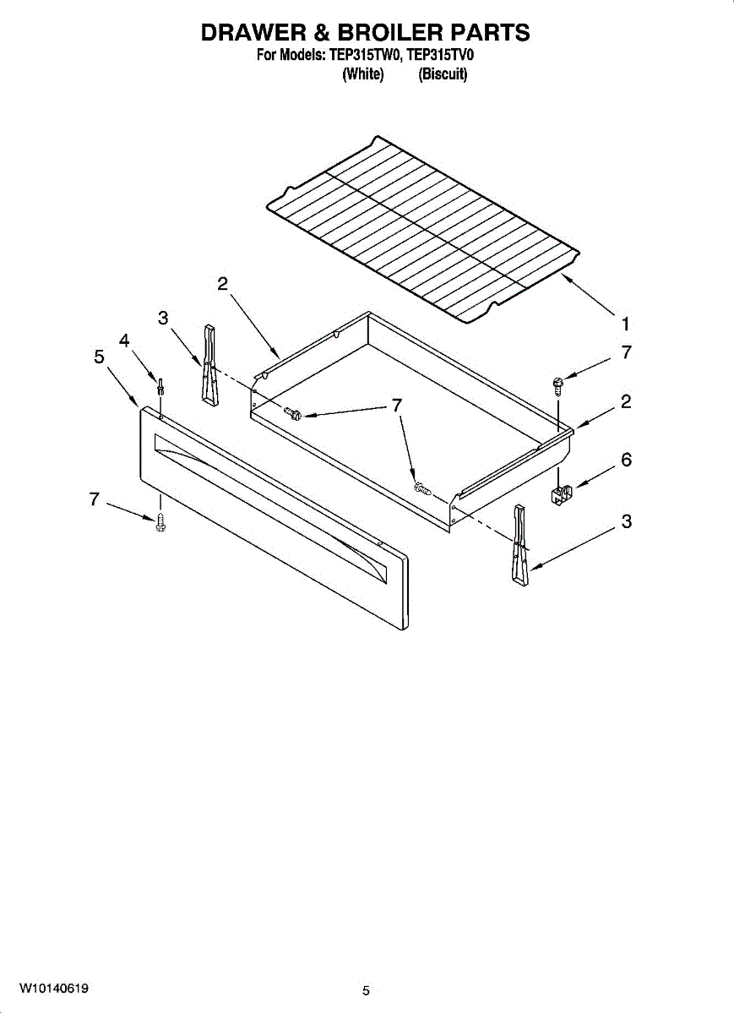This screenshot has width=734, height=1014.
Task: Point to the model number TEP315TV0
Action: click(x=438, y=57)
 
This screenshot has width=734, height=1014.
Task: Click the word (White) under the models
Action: click(x=363, y=74)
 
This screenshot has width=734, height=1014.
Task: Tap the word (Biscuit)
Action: click(x=443, y=74)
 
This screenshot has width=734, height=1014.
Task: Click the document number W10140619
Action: click(x=56, y=988)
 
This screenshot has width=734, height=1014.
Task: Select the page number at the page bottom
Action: click(x=366, y=990)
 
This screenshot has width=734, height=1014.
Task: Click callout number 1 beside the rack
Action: click(x=625, y=323)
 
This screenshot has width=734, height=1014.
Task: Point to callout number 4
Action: click(x=124, y=341)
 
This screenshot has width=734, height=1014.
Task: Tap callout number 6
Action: click(x=626, y=461)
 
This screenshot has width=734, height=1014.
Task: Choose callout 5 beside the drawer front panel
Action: click(x=100, y=357)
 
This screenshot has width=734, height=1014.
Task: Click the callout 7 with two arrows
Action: click(x=395, y=406)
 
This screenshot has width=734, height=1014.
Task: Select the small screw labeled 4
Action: click(x=160, y=387)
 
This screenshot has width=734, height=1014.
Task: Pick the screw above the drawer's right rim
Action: click(x=557, y=384)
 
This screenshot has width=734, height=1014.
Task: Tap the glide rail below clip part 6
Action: click(x=519, y=545)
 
